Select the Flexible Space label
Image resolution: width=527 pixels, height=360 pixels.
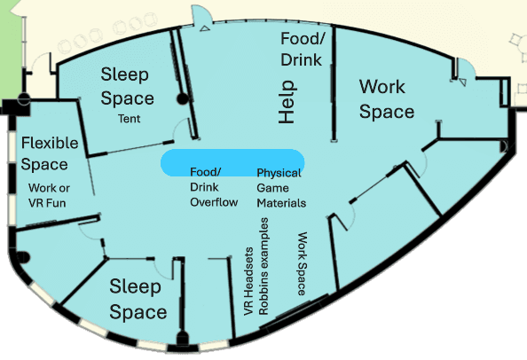click(x=50, y=153)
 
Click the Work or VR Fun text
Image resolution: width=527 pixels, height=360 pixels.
click(x=49, y=196)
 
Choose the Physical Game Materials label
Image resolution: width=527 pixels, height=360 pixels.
click(x=279, y=188)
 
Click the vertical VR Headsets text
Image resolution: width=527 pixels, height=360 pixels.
click(x=248, y=281)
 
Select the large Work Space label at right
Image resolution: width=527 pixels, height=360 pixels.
click(x=386, y=98)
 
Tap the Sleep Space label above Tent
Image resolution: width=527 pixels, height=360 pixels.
click(x=128, y=85)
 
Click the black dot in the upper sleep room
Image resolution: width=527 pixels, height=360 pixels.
click(x=184, y=99)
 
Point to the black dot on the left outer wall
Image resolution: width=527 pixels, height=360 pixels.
click(x=22, y=257)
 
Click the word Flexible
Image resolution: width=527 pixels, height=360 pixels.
click(x=50, y=143)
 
